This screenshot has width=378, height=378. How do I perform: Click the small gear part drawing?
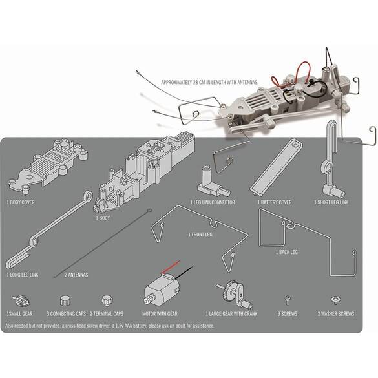pyautogui.click(x=21, y=300)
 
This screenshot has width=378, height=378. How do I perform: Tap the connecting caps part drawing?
pyautogui.click(x=65, y=300)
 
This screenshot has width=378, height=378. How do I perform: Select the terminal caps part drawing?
pyautogui.click(x=107, y=300)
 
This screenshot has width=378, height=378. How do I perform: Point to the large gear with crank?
pyautogui.click(x=235, y=294)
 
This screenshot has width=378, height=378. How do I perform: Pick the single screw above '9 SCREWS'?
pyautogui.click(x=288, y=300)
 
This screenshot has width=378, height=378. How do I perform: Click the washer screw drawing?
pyautogui.click(x=336, y=299)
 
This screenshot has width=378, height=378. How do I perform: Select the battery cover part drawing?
pyautogui.click(x=277, y=167)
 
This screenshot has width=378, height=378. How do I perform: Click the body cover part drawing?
pyautogui.click(x=48, y=165)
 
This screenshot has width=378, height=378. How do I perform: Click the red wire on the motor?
pyautogui.click(x=171, y=267)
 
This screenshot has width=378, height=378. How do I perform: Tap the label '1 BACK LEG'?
pyautogui.click(x=287, y=252)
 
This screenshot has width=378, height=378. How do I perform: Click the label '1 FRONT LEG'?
pyautogui.click(x=200, y=235)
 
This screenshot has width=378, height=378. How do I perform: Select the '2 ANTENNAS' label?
pyautogui.click(x=76, y=275)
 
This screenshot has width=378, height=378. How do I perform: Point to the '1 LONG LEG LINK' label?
pyautogui.click(x=22, y=275)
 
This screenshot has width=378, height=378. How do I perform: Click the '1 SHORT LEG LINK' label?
pyautogui.click(x=331, y=202)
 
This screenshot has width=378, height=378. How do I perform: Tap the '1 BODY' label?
pyautogui.click(x=103, y=218)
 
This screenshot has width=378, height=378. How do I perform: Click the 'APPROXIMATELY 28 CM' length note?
pyautogui.click(x=209, y=82)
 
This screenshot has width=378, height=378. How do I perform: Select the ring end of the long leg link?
pyautogui.click(x=89, y=195)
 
